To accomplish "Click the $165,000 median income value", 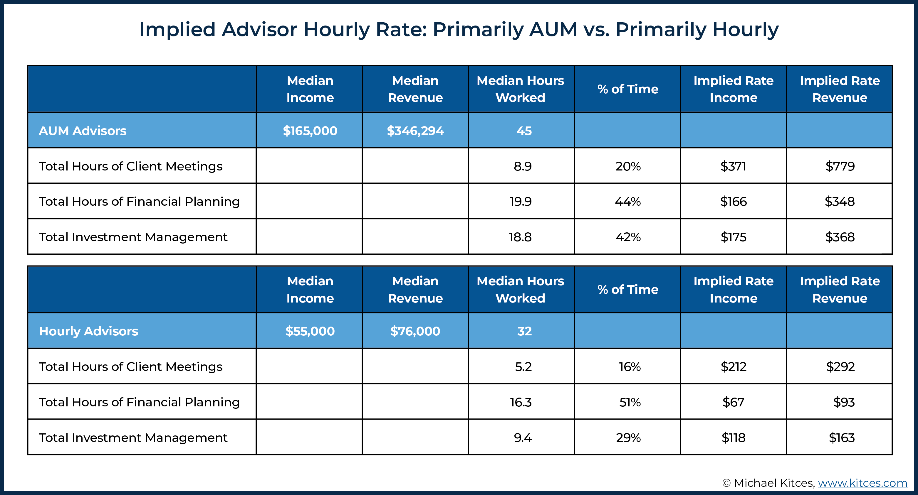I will click(310, 131).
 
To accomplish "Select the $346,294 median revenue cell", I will click(415, 131).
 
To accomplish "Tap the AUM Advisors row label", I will click(82, 131).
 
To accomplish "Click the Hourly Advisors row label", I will click(88, 331).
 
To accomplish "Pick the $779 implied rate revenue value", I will click(840, 166).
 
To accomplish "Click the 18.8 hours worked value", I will click(520, 237).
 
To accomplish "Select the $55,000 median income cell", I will click(310, 331).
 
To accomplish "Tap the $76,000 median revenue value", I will click(415, 331).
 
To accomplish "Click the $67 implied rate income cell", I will click(733, 402).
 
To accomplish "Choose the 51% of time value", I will click(630, 402).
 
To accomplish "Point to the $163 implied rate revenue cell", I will click(841, 437).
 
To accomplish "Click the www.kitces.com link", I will click(862, 483).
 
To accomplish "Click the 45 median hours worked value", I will click(524, 131).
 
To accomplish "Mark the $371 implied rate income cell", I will click(733, 166).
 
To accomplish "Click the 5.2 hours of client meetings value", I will click(523, 366).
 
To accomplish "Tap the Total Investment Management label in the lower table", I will click(132, 437).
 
